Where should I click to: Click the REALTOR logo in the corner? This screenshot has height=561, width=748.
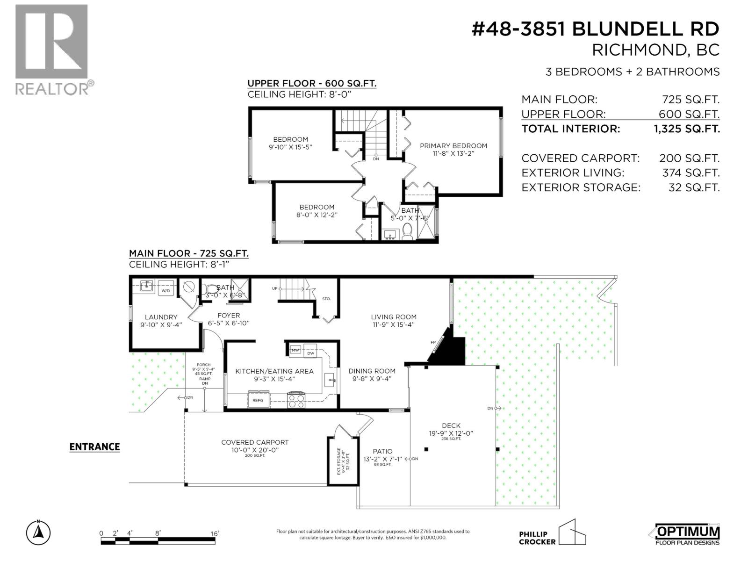(51, 49)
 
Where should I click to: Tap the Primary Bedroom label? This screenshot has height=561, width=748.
(453, 146)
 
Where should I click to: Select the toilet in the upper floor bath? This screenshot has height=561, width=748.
(407, 231)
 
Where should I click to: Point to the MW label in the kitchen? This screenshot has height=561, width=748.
(295, 350)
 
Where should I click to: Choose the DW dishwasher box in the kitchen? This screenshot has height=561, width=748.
(310, 353)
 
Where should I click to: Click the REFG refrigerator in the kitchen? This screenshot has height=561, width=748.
(258, 400)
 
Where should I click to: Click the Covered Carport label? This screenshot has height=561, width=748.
(255, 442)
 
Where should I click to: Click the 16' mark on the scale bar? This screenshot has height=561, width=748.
(215, 533)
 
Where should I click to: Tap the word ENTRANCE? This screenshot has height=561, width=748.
(94, 447)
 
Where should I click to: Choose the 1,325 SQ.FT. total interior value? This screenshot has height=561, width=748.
(686, 129)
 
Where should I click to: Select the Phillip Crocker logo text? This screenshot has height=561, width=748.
(537, 538)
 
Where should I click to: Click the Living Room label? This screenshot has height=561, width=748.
(394, 317)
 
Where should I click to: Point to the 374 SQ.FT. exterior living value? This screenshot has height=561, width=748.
(690, 173)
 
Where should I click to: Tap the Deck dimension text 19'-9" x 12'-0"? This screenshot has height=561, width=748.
(451, 433)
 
